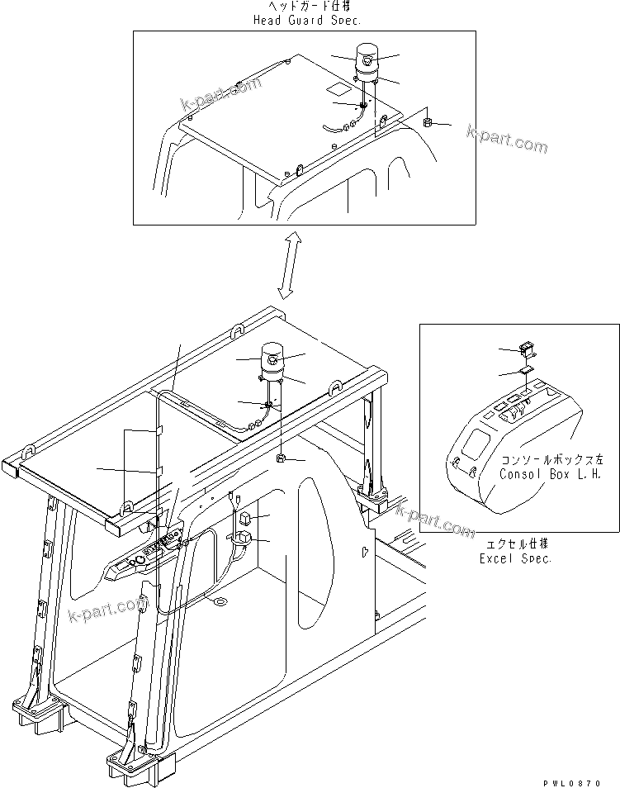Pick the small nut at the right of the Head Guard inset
428,123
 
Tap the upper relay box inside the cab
244,519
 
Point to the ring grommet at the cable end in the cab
218,601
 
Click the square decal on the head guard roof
337,87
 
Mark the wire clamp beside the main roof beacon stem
267,405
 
